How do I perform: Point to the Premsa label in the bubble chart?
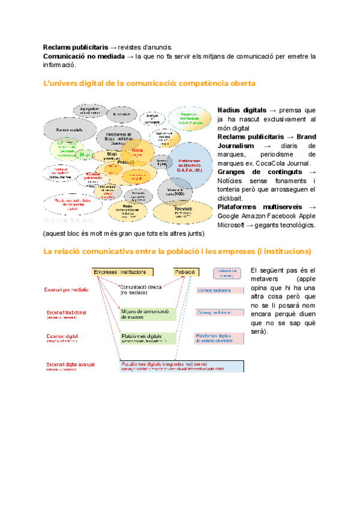point(125,162)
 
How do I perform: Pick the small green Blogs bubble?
point(85,155)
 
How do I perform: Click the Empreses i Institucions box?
point(121,272)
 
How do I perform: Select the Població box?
point(185,272)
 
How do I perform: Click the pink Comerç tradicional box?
point(220,291)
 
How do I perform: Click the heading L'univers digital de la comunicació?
point(150,83)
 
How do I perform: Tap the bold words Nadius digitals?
point(242,110)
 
